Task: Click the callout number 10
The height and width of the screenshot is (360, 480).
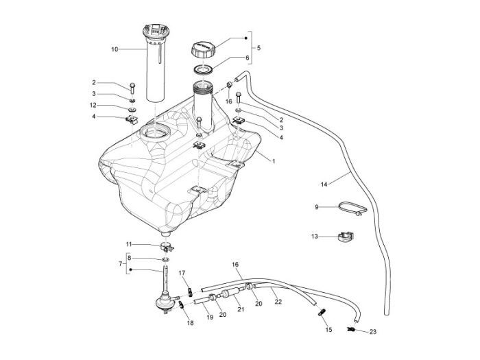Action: click(x=115, y=49)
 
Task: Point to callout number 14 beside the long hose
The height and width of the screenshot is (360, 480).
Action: click(x=324, y=184)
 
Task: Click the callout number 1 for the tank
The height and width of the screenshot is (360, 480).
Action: click(x=273, y=160)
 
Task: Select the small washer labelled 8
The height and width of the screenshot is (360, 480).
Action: click(x=166, y=260)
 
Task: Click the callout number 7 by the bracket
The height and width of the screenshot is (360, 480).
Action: click(x=121, y=264)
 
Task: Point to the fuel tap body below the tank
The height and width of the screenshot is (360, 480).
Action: click(x=165, y=299)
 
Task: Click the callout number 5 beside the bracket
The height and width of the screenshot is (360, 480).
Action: click(x=258, y=48)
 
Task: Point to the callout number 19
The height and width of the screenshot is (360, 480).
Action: click(x=210, y=317)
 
